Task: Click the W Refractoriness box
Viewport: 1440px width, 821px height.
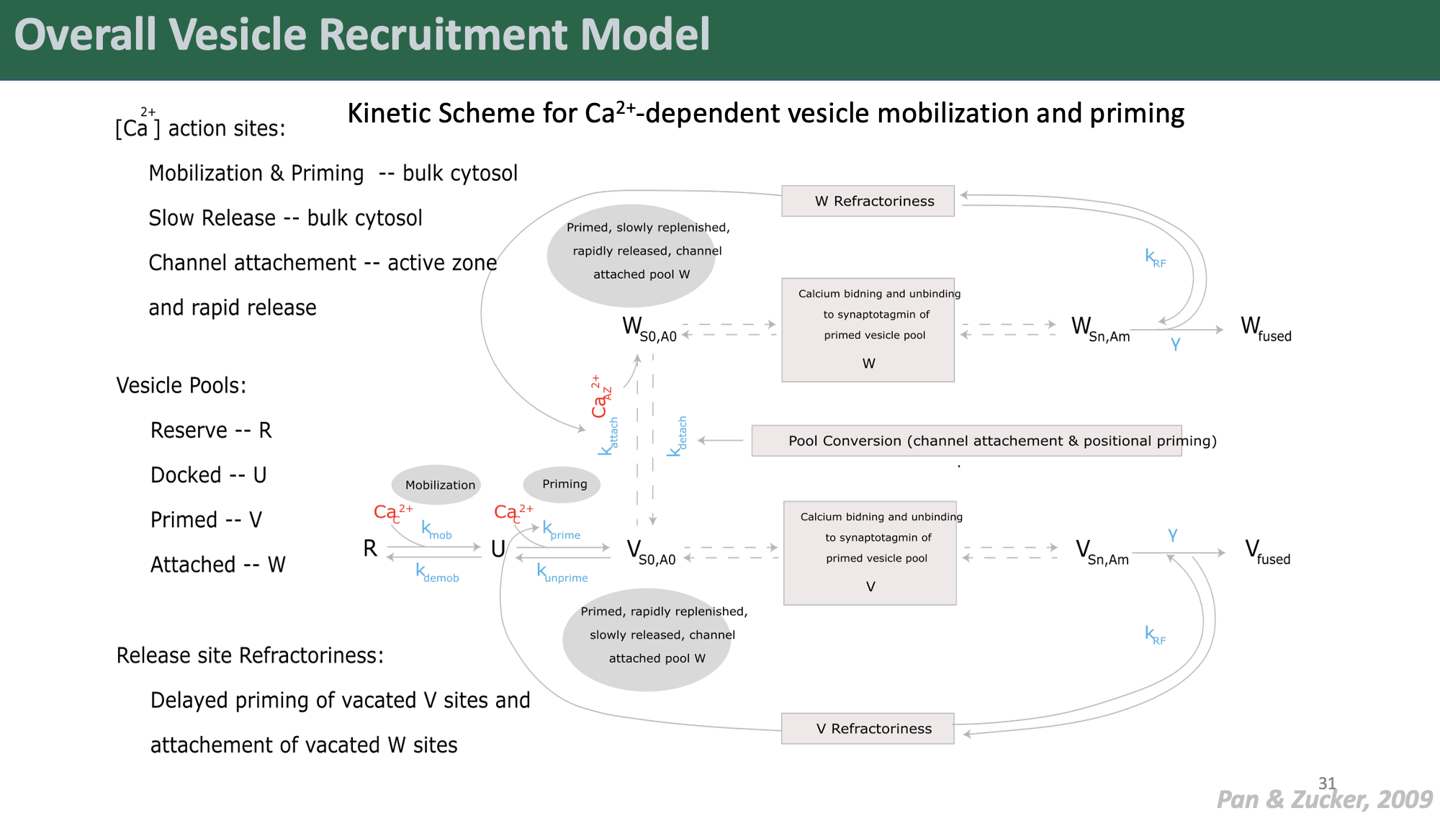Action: click(868, 201)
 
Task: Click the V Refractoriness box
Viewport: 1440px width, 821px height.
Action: click(868, 729)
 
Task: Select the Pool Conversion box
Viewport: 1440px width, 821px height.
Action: click(966, 441)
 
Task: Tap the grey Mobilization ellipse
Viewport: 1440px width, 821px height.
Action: click(436, 485)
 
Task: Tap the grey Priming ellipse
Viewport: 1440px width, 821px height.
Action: click(562, 484)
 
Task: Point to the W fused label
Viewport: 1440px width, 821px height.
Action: click(1265, 329)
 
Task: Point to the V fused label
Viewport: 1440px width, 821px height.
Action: click(1266, 552)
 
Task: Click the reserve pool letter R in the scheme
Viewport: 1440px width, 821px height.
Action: click(370, 549)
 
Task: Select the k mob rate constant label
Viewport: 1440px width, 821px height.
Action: click(436, 530)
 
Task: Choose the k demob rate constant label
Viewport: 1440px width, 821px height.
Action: click(437, 573)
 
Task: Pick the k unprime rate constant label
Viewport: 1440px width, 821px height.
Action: click(562, 573)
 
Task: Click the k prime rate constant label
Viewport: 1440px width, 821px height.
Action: click(561, 530)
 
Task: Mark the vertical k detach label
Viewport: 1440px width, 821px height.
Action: click(678, 436)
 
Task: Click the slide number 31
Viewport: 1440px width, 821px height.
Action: click(1327, 783)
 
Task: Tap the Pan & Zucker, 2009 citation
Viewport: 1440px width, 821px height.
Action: click(1324, 799)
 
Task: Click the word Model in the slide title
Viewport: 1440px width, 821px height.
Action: click(645, 35)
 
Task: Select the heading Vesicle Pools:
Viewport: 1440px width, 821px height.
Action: click(181, 385)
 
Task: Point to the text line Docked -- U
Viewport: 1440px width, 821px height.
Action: click(208, 475)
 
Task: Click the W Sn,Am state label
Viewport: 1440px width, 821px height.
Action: click(1100, 330)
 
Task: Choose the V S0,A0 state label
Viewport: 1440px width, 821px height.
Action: click(651, 553)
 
